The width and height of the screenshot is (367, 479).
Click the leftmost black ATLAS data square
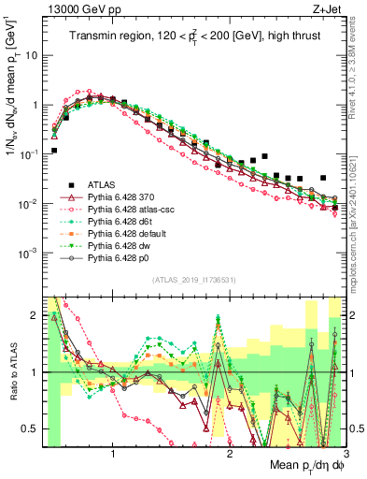tap(54, 150)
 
